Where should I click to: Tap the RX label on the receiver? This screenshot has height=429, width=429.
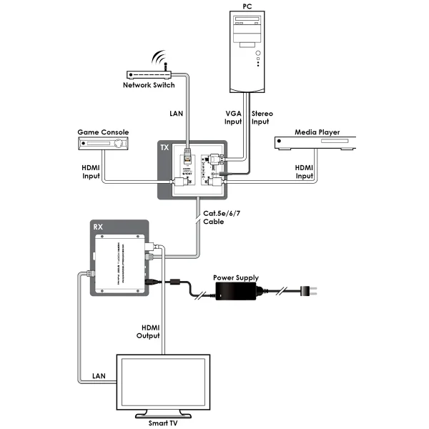[x=99, y=227]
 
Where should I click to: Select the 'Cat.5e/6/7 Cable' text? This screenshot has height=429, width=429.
[x=215, y=217]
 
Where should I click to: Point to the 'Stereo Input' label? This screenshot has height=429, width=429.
[x=262, y=118]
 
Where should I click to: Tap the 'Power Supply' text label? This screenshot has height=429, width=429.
[x=237, y=277]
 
